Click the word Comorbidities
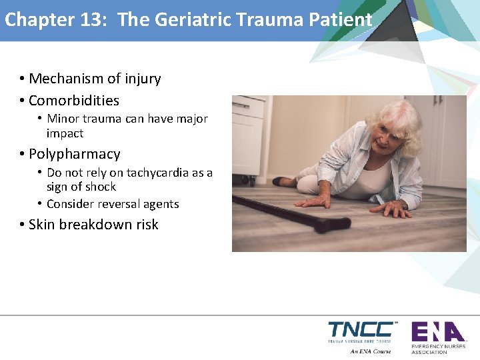(74, 101)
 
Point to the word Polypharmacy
(75, 154)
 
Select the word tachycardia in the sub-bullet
(157, 173)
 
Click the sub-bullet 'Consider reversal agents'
(113, 204)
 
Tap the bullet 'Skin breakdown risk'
(93, 225)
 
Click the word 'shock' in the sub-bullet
(100, 187)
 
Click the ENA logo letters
(437, 331)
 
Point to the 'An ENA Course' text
(371, 351)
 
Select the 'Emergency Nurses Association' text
(438, 349)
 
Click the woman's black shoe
(282, 181)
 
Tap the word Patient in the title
(340, 20)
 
